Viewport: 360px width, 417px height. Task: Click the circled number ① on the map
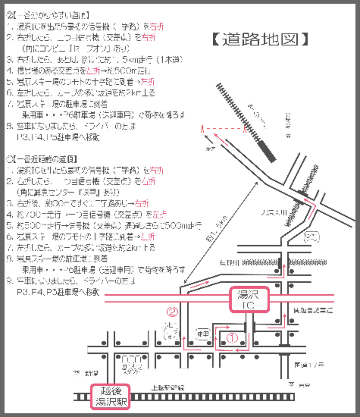(x=233, y=331)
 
